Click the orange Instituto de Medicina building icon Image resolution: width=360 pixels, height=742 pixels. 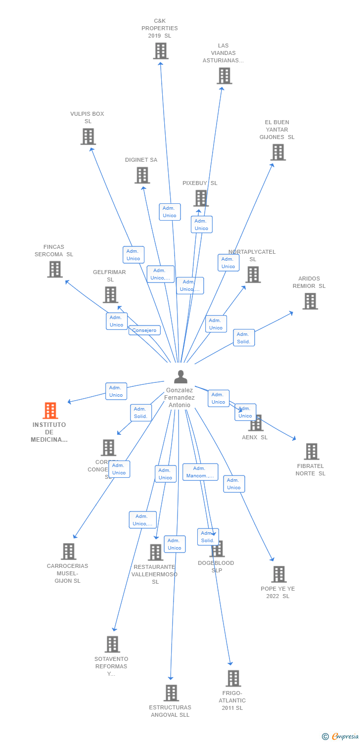50,411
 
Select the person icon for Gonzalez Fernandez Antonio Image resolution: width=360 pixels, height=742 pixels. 181,377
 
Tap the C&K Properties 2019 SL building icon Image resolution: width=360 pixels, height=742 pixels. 160,51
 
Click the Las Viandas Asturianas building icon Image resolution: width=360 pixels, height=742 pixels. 224,76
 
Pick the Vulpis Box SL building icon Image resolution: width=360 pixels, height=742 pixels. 88,137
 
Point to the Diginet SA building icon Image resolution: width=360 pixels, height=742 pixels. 142,175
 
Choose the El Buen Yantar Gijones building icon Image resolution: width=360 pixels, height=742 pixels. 278,152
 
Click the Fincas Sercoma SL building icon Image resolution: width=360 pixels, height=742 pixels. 55,269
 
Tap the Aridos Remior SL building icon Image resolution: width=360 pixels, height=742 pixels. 310,301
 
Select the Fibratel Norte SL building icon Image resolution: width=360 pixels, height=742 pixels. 312,451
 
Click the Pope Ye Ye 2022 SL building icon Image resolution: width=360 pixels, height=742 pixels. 279,574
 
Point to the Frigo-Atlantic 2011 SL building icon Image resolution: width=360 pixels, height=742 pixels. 233,678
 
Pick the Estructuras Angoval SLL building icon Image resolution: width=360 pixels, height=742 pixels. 171,693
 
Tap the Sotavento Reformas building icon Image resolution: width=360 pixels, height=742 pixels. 112,644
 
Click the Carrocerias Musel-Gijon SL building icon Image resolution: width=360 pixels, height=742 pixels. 68,551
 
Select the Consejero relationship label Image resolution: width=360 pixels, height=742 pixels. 144,330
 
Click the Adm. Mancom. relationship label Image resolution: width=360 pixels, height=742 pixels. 200,472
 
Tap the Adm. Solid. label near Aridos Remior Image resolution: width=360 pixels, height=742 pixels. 244,338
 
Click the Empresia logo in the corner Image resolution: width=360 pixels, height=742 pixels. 341,737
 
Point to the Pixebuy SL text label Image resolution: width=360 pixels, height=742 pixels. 200,183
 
